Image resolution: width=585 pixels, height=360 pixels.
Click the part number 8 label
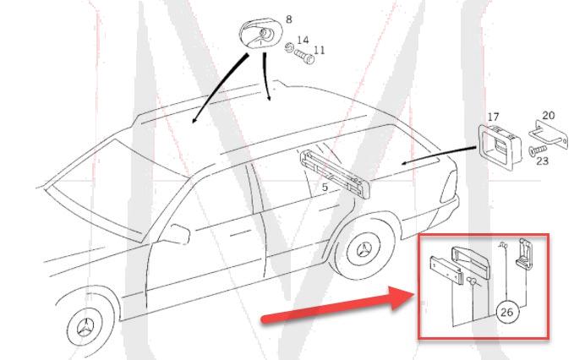pyautogui.click(x=289, y=19)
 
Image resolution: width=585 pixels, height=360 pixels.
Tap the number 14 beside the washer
pyautogui.click(x=303, y=40)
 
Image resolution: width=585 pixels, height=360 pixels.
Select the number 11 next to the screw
pyautogui.click(x=319, y=50)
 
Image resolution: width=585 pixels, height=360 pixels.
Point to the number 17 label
pyautogui.click(x=493, y=117)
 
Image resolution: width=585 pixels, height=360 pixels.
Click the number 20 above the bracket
pyautogui.click(x=548, y=115)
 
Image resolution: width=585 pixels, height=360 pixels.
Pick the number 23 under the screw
pyautogui.click(x=543, y=161)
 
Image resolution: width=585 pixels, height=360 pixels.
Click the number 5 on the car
pyautogui.click(x=325, y=188)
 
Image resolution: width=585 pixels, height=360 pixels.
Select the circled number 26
pyautogui.click(x=506, y=312)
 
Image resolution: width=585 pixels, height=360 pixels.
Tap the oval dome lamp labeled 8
pyautogui.click(x=258, y=34)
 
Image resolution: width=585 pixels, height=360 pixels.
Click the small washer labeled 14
pyautogui.click(x=288, y=47)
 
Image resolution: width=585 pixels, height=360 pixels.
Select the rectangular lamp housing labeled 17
pyautogui.click(x=499, y=148)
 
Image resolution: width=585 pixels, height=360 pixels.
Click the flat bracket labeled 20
pyautogui.click(x=549, y=134)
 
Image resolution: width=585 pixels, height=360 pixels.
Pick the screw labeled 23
pyautogui.click(x=538, y=150)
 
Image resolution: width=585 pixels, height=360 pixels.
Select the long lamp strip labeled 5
pyautogui.click(x=335, y=174)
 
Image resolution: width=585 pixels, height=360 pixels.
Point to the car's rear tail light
pyautogui.click(x=448, y=187)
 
